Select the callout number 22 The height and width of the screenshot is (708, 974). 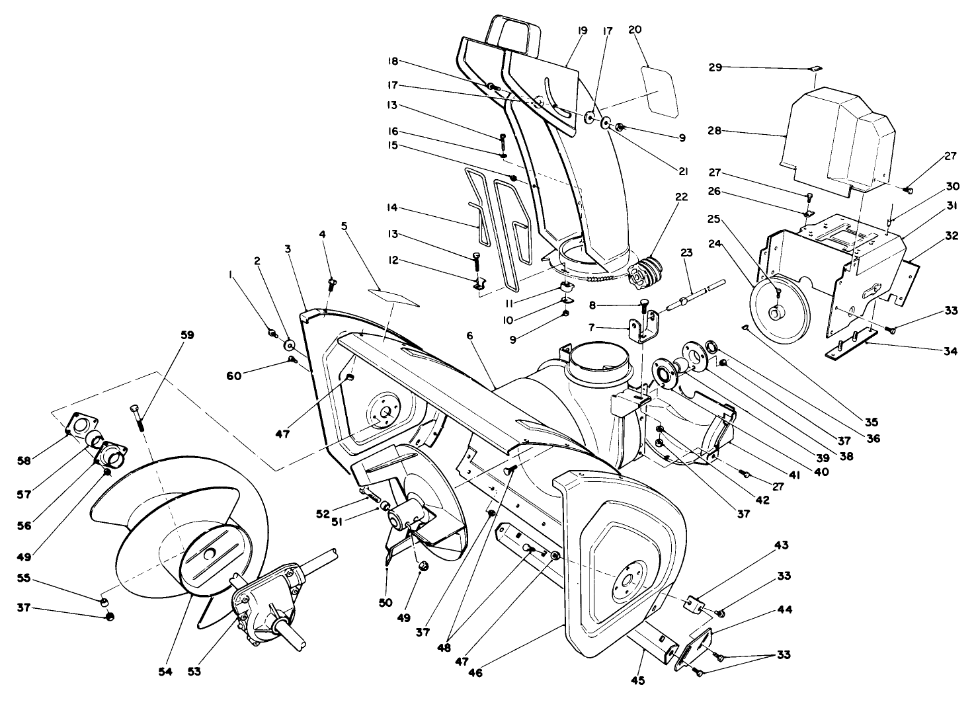tap(681, 197)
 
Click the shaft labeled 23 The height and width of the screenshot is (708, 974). tap(694, 295)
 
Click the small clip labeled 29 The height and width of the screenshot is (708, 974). tap(815, 69)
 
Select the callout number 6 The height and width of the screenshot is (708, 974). tap(469, 336)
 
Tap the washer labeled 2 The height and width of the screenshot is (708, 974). tap(289, 346)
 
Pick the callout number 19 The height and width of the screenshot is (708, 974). tap(582, 30)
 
